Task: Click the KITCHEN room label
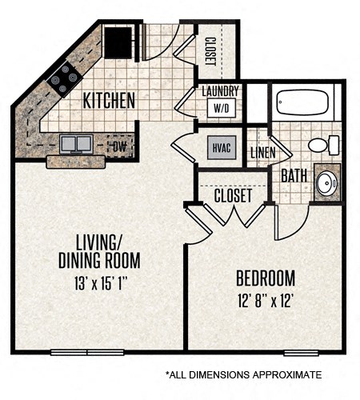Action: (x=109, y=101)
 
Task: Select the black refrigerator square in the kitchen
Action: (x=118, y=42)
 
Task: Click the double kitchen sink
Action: (x=76, y=144)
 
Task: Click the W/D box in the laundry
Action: (x=220, y=107)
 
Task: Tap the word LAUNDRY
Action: (x=220, y=91)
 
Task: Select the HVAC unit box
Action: (x=220, y=147)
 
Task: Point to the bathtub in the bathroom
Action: (x=302, y=103)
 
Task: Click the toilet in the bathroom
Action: (x=322, y=145)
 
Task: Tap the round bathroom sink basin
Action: (x=326, y=182)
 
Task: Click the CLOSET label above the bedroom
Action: (x=233, y=194)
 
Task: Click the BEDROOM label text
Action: (x=266, y=278)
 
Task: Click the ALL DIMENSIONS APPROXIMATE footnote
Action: (x=243, y=374)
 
